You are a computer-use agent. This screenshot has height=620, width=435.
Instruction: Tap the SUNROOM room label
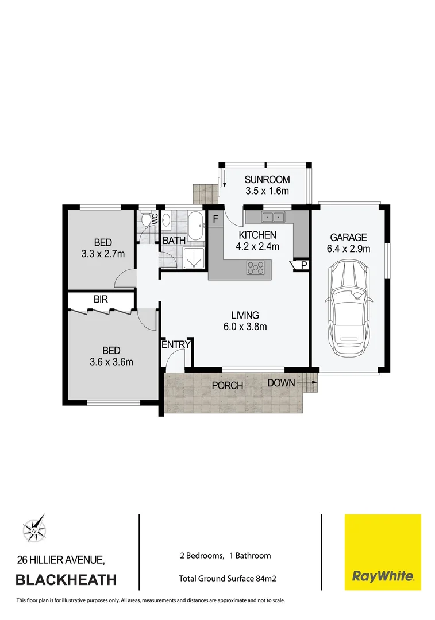(x=267, y=179)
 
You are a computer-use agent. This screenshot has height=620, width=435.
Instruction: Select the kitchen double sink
(x=273, y=217)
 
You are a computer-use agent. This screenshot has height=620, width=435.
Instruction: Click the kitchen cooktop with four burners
(x=256, y=267)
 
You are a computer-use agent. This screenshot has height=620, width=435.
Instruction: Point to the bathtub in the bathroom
(x=195, y=226)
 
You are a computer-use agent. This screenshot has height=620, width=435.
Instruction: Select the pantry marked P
(x=303, y=265)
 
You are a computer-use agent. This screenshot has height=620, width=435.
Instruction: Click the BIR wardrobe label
(x=101, y=300)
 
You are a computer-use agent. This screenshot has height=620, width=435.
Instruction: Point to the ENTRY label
(x=176, y=344)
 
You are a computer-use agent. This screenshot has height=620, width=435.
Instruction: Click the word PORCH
(x=228, y=385)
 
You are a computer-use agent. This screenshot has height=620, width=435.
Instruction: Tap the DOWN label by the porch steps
(x=281, y=383)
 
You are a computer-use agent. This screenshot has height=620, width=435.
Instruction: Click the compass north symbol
(x=34, y=528)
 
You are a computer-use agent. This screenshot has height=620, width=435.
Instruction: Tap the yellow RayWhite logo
(x=382, y=552)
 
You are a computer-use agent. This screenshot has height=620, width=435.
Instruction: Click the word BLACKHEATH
(x=66, y=580)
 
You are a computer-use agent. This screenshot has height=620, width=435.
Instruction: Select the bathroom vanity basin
(x=165, y=219)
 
